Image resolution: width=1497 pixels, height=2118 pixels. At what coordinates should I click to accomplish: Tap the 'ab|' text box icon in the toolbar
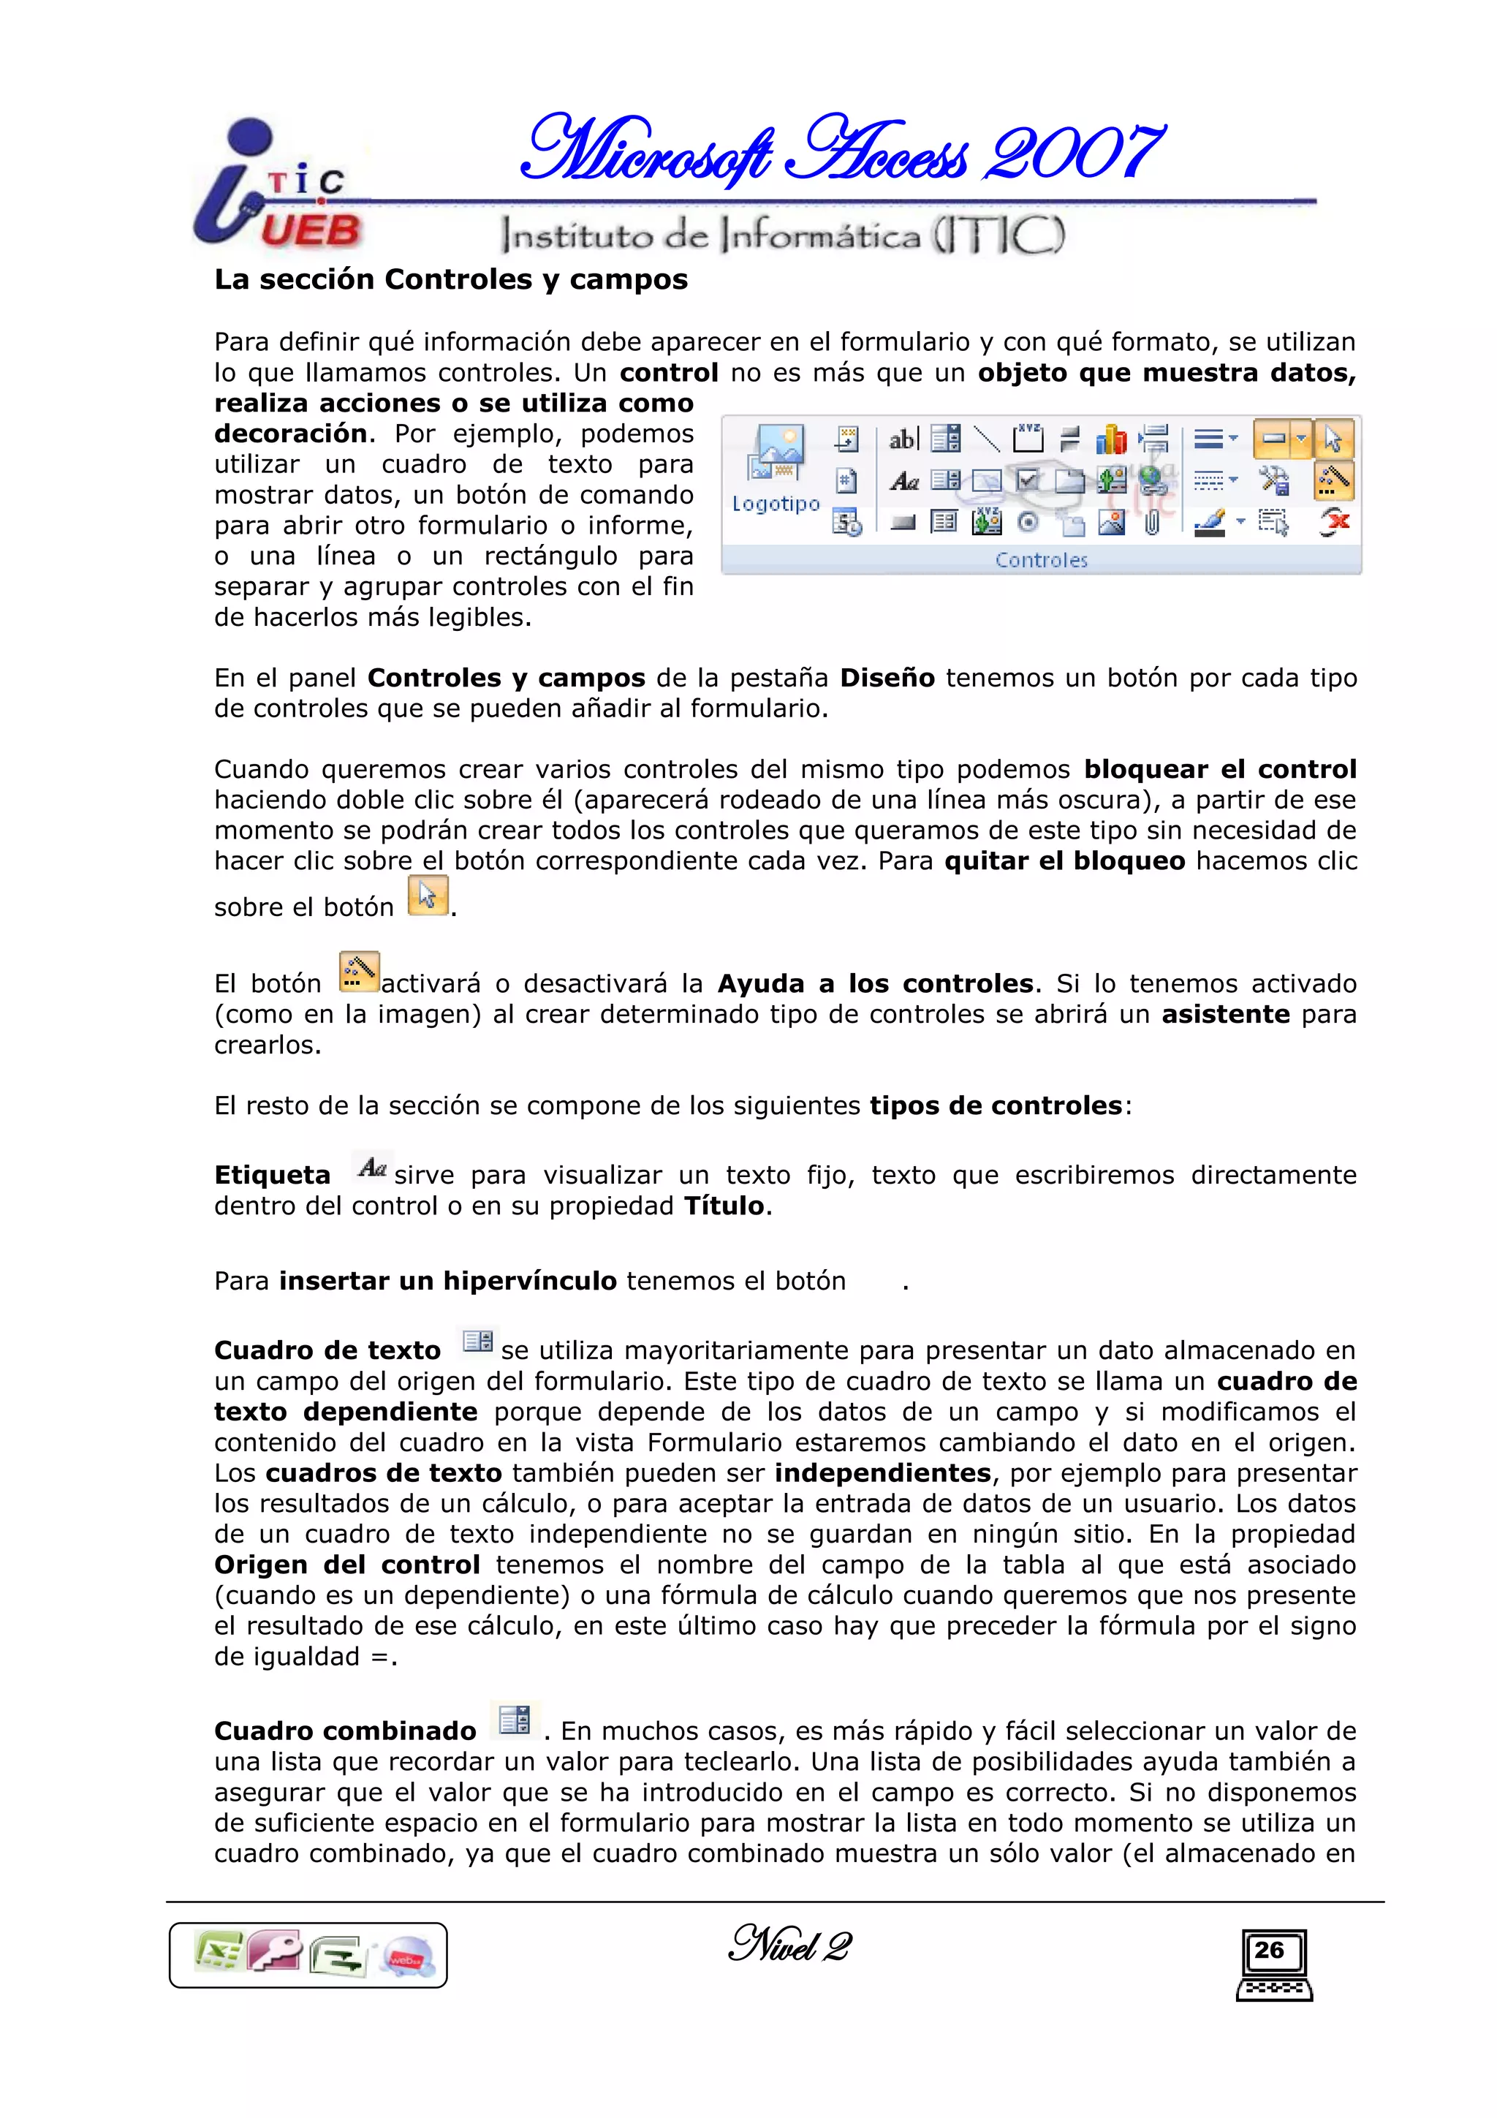(903, 439)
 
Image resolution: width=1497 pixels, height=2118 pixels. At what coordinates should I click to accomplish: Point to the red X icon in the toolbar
(1334, 523)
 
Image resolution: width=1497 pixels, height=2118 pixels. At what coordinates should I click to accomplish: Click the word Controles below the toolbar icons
(1042, 560)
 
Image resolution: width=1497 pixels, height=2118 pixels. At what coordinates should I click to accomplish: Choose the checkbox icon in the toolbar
(1028, 480)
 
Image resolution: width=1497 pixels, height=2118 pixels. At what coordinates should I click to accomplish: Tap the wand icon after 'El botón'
(359, 972)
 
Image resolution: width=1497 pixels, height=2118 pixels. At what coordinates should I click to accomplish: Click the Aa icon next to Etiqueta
(373, 1168)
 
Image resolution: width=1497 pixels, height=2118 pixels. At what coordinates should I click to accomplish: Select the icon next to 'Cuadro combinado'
(515, 1720)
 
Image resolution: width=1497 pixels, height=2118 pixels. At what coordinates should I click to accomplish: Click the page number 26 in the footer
(1269, 1949)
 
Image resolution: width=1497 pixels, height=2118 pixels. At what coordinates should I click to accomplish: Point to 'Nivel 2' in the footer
(789, 1945)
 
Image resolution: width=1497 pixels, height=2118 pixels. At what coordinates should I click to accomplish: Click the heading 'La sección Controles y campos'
(451, 279)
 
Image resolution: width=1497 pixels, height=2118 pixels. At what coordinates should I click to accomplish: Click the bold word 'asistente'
(1225, 1014)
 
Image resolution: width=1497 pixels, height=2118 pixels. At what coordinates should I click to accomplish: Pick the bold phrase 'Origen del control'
(346, 1565)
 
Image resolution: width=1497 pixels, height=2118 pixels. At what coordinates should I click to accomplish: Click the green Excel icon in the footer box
(218, 1952)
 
